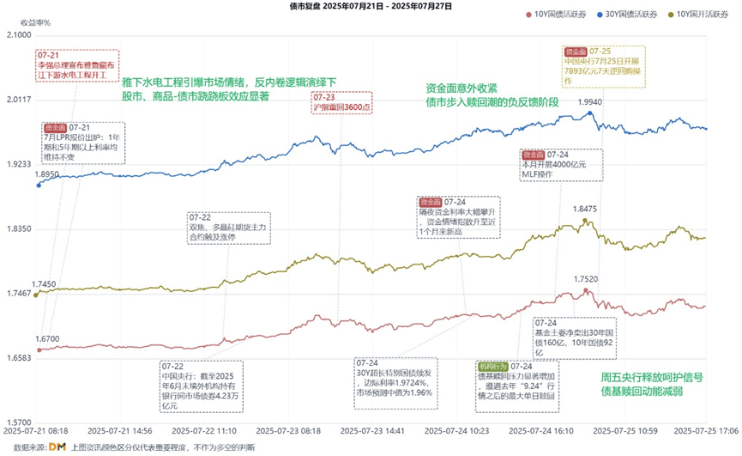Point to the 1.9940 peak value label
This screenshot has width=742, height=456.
click(588, 102)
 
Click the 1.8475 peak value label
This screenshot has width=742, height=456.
click(585, 209)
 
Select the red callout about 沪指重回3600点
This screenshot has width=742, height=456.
click(341, 103)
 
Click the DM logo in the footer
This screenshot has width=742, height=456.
click(57, 447)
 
